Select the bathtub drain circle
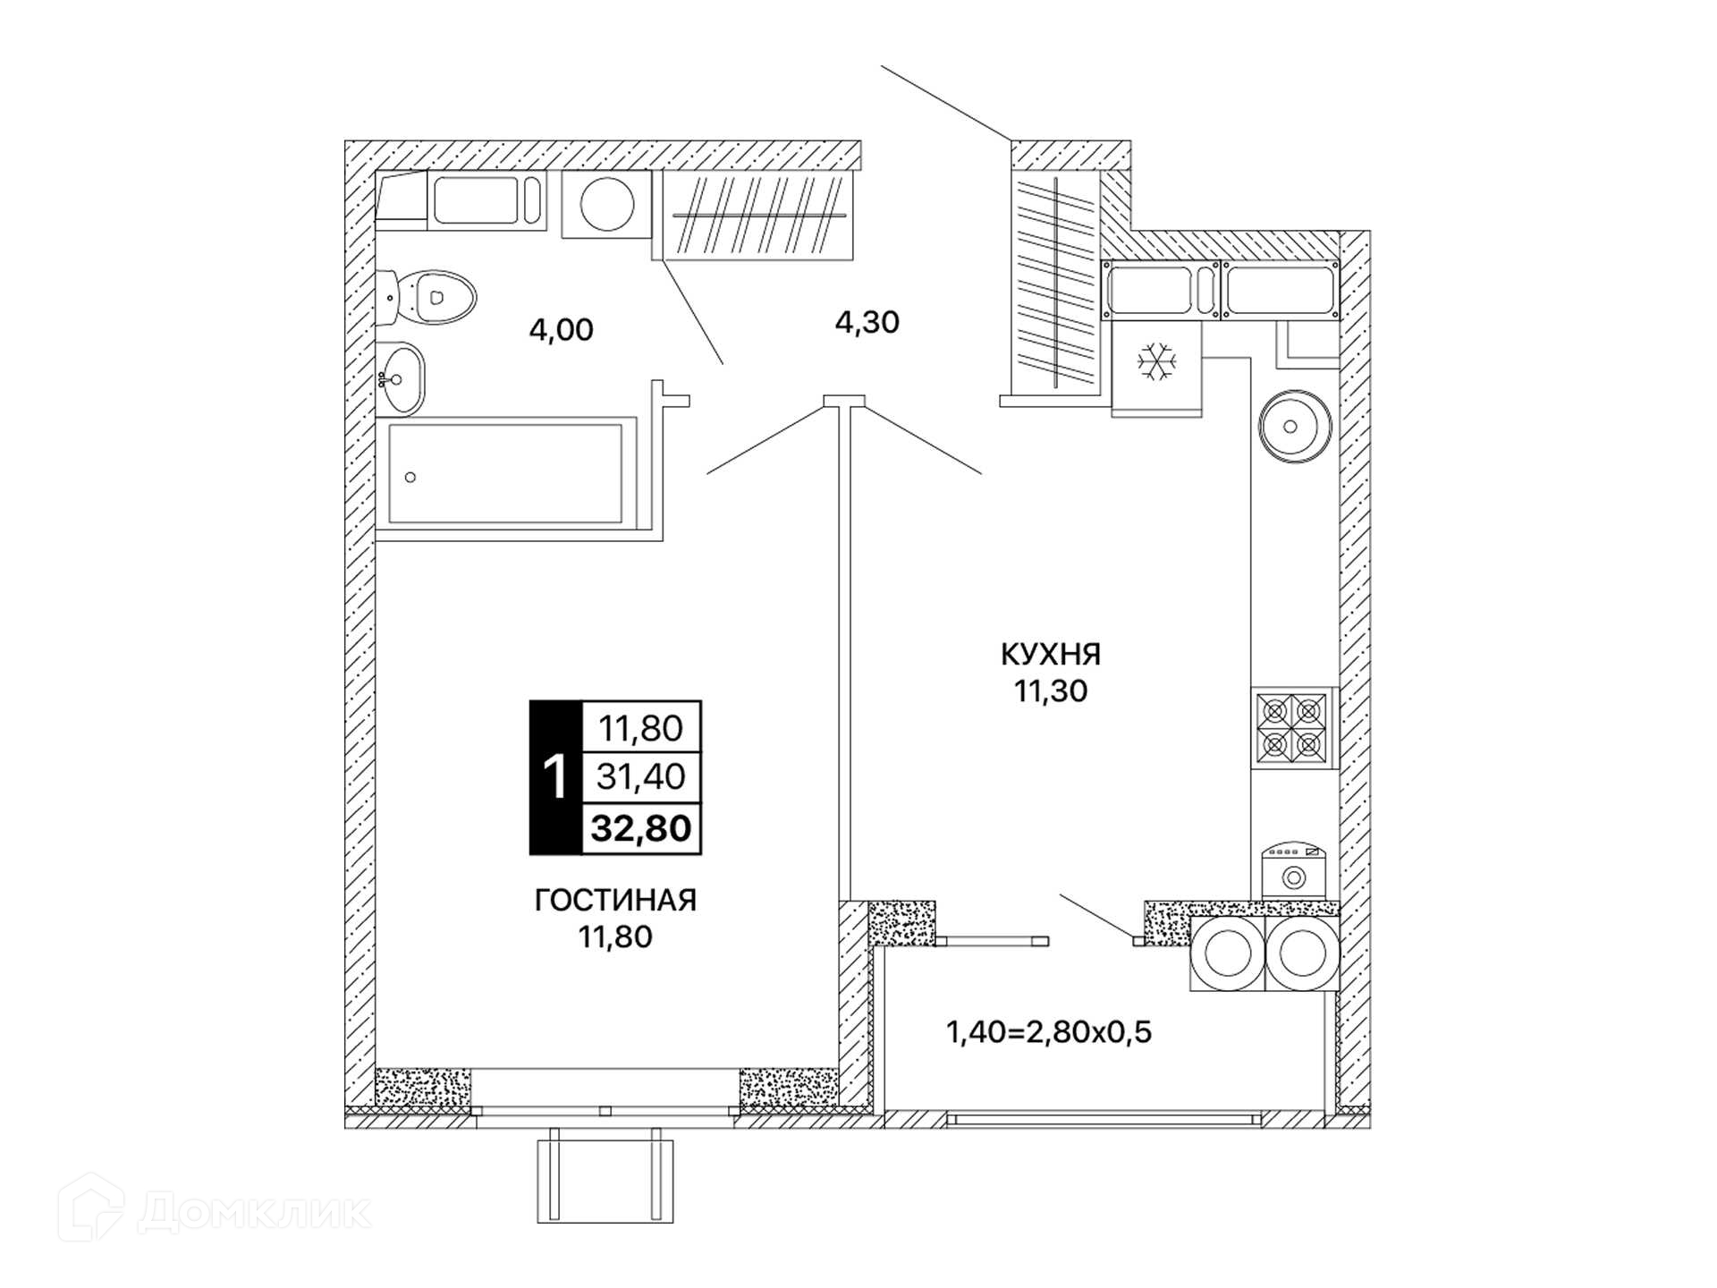pos(410,477)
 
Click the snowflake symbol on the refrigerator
pos(1157,362)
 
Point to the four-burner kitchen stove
pos(1291,729)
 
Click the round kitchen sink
pos(1290,427)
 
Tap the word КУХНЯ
pos(1051,655)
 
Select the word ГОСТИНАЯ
pos(615,900)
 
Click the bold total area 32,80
pos(641,828)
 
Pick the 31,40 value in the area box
pos(641,776)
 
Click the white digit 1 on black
pos(555,776)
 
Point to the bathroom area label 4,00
pos(561,330)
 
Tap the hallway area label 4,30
pos(867,322)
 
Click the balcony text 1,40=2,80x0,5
pos(1049,1032)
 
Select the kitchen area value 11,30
pos(1051,691)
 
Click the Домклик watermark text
pos(255,1213)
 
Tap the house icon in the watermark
pos(90,1207)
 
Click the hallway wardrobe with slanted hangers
pos(758,215)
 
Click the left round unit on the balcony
pos(1228,953)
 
